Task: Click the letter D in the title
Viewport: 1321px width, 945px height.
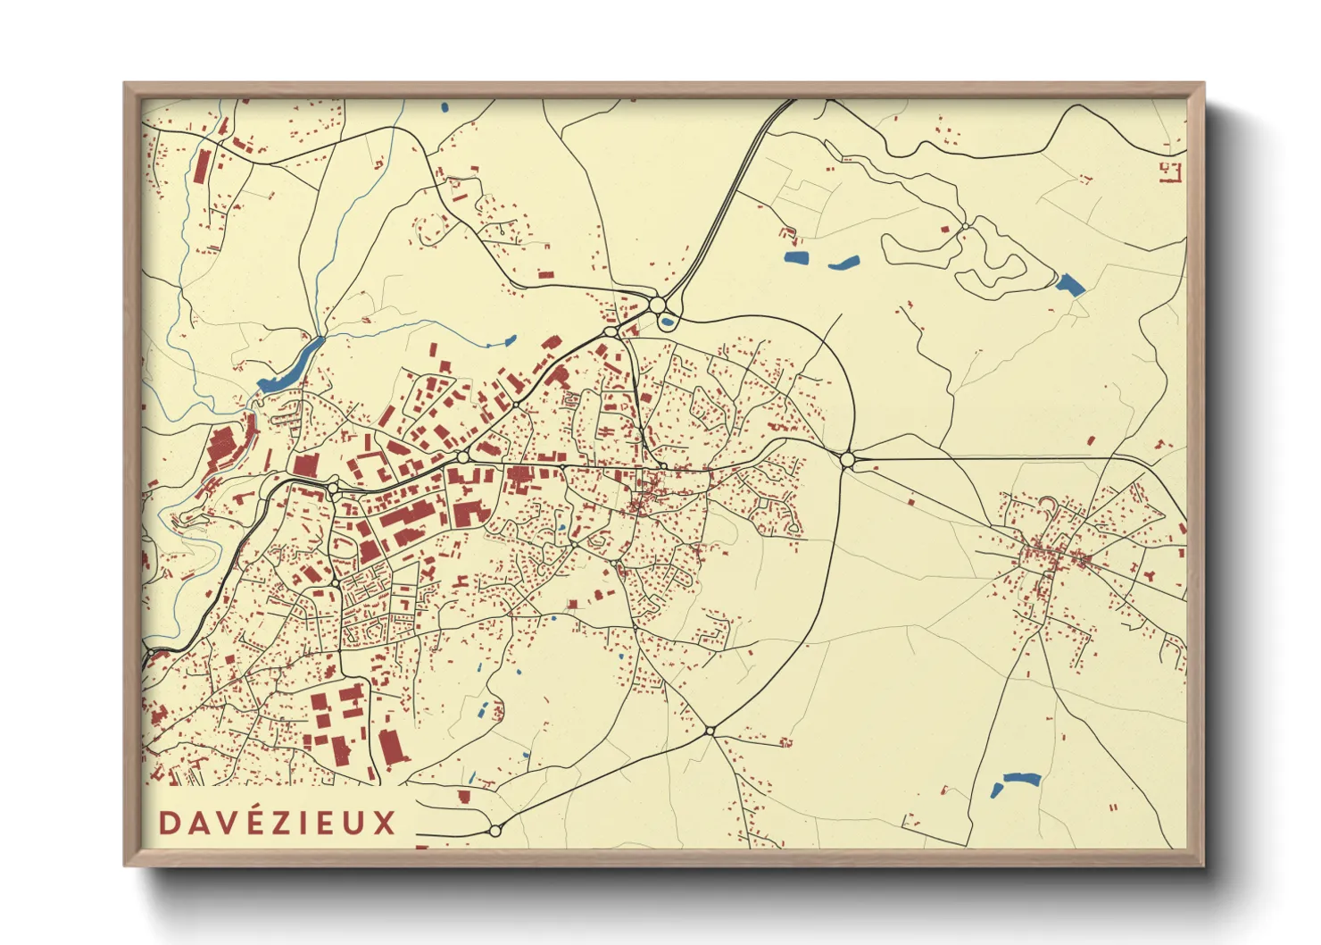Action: pyautogui.click(x=168, y=823)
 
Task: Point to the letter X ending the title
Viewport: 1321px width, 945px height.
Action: pyautogui.click(x=384, y=823)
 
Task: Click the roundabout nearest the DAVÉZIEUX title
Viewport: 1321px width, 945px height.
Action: pyautogui.click(x=495, y=831)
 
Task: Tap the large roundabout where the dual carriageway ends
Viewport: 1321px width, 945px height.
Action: pyautogui.click(x=658, y=305)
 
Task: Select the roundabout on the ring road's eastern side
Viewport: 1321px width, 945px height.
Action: pyautogui.click(x=847, y=460)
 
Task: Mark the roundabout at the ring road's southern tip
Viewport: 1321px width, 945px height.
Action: pyautogui.click(x=710, y=731)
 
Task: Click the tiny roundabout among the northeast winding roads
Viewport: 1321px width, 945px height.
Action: pyautogui.click(x=965, y=226)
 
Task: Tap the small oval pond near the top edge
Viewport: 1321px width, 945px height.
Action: pyautogui.click(x=444, y=108)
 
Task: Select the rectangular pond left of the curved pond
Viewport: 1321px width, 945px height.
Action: pyautogui.click(x=795, y=258)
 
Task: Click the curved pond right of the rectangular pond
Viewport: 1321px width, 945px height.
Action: pyautogui.click(x=843, y=263)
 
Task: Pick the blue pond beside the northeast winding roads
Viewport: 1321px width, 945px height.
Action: pyautogui.click(x=1069, y=284)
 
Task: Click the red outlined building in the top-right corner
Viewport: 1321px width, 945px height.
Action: pyautogui.click(x=1171, y=171)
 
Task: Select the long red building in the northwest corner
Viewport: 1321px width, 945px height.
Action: pyautogui.click(x=203, y=166)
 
